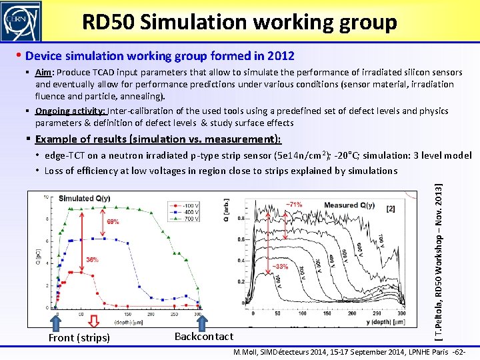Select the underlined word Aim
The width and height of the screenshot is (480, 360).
[44, 73]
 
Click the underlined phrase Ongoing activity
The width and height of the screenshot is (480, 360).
[71, 111]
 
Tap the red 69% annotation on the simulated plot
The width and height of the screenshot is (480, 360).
[112, 221]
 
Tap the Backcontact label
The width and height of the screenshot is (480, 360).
[204, 337]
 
